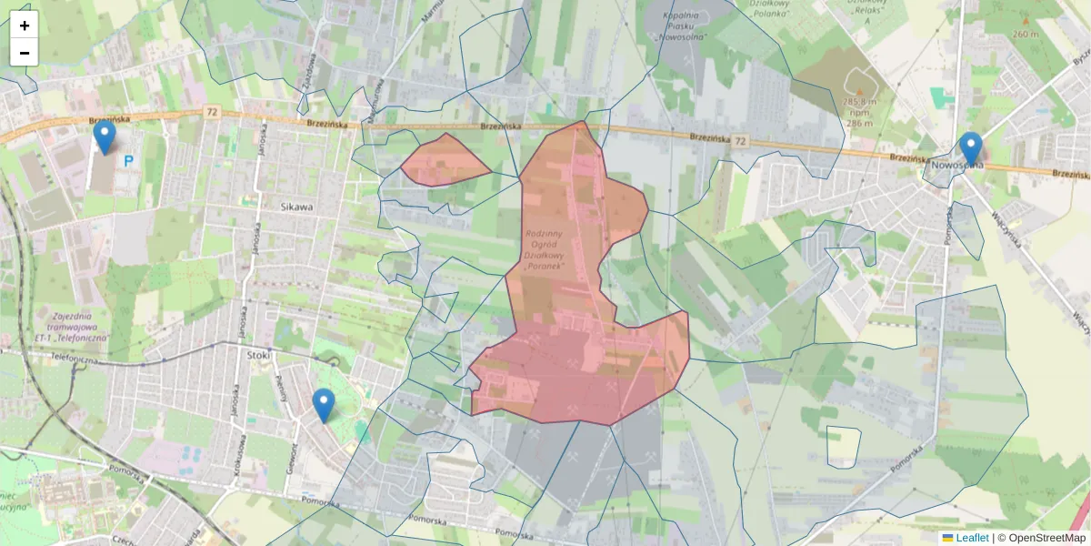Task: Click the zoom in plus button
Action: pos(25,25)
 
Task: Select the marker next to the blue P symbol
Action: pos(105,137)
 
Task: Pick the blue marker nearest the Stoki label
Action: pos(323,406)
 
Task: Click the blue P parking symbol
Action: pos(128,161)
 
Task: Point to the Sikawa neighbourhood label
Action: pos(296,207)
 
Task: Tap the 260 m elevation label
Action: pos(1026,34)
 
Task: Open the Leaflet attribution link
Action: pos(972,538)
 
